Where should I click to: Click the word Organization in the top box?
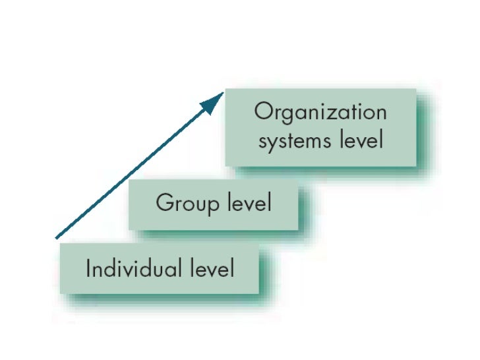(x=320, y=112)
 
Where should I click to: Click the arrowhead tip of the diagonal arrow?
(x=223, y=93)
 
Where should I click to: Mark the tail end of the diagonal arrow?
(x=56, y=237)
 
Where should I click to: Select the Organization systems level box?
(x=321, y=127)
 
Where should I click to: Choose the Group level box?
(x=213, y=204)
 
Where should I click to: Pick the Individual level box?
(x=160, y=269)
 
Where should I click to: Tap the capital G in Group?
(x=164, y=202)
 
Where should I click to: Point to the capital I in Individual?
(x=88, y=268)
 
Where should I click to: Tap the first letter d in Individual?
(x=107, y=268)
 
